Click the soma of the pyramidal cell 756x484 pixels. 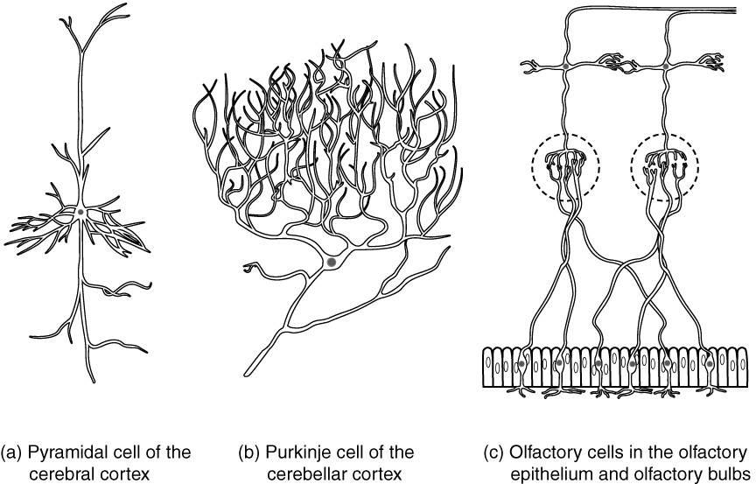(x=80, y=212)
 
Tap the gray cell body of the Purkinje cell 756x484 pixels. (x=331, y=261)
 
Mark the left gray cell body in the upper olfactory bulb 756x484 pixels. (x=565, y=65)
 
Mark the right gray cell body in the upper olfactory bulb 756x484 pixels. (x=666, y=65)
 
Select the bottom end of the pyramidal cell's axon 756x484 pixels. (x=87, y=378)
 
